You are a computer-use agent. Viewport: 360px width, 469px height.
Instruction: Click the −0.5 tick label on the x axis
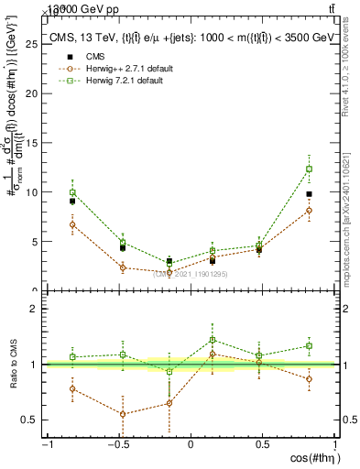tap(117, 445)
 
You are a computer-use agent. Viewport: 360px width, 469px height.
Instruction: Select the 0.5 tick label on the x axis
tap(262, 445)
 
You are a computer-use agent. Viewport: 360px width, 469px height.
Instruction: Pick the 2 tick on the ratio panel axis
tap(38, 309)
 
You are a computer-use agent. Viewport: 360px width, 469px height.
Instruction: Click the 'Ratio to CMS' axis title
tap(12, 365)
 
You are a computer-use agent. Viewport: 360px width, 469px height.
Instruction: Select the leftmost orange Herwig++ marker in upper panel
tap(72, 224)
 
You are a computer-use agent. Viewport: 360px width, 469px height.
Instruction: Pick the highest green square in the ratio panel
tap(213, 339)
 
